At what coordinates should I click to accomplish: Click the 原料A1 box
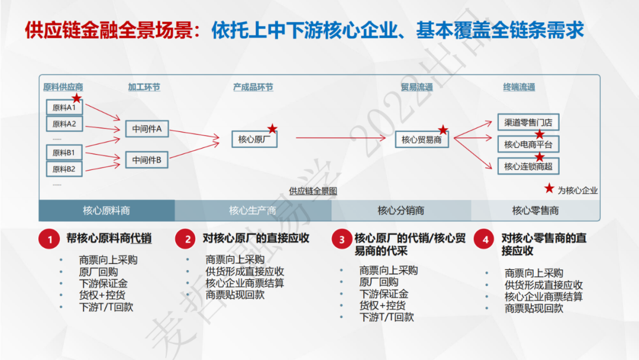tap(64, 108)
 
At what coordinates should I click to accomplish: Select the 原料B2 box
tap(64, 169)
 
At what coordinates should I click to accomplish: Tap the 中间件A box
tap(147, 128)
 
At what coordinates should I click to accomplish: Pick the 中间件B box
tap(147, 160)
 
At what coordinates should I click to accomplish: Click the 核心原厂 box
tap(254, 140)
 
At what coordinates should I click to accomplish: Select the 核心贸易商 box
tap(422, 140)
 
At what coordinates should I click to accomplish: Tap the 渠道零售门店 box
tap(528, 123)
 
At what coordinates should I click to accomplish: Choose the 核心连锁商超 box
tap(528, 166)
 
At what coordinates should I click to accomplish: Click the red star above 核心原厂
tap(272, 128)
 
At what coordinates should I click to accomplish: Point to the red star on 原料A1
tap(76, 98)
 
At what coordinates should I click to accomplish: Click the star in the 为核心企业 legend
tap(549, 189)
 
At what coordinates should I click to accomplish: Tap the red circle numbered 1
tap(50, 239)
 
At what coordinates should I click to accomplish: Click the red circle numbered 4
tap(485, 239)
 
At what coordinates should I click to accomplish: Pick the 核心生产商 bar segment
tap(253, 211)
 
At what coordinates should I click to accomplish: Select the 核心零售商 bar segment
tap(535, 211)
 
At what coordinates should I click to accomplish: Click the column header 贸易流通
tap(417, 87)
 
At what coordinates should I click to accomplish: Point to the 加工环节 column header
tap(144, 87)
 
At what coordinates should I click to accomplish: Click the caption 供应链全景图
tap(313, 191)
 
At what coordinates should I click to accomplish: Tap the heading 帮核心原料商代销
tap(109, 239)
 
